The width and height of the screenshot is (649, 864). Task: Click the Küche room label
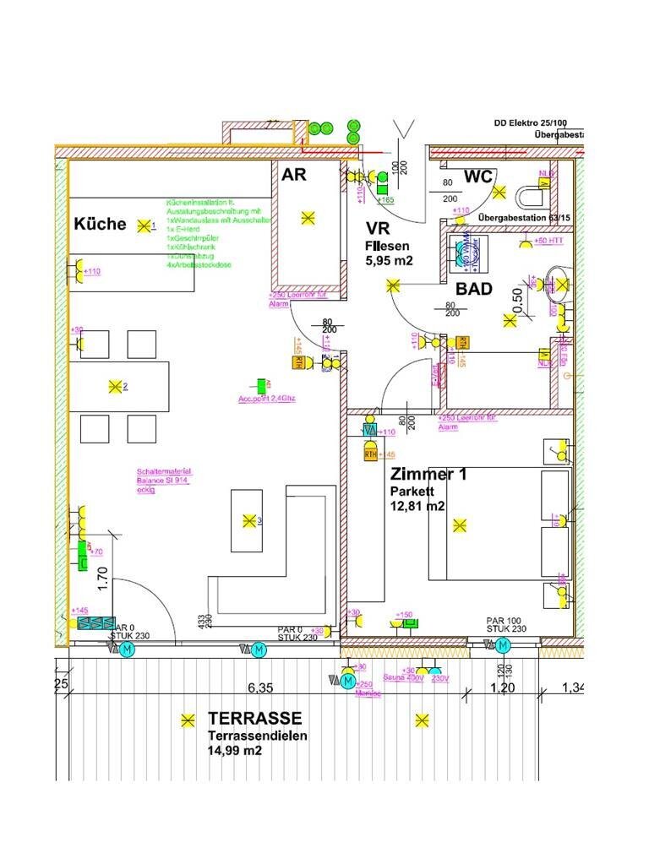100,224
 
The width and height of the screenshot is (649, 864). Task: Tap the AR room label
293,175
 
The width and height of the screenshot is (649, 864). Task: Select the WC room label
478,177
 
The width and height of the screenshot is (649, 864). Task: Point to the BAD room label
474,289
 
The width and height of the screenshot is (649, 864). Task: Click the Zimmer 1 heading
428,475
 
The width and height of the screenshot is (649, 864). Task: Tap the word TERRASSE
254,719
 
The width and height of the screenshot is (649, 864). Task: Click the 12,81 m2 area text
417,507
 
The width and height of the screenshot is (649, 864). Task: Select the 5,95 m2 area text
389,261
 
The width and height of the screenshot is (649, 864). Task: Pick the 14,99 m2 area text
235,751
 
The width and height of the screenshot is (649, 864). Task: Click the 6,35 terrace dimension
259,688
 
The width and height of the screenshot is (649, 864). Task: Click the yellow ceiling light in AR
307,218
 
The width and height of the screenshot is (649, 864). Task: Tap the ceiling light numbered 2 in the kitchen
115,387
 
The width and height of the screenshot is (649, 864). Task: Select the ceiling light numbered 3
248,520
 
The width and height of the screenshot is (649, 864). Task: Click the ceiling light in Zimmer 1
459,525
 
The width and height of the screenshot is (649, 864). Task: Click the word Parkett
412,491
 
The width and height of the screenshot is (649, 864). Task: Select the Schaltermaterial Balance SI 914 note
164,480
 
